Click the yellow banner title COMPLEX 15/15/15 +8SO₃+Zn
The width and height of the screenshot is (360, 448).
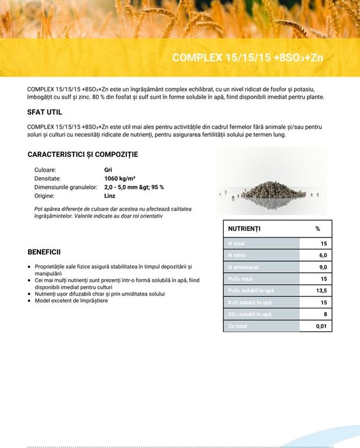point(247,58)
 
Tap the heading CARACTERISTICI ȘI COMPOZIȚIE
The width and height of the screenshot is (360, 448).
point(83,154)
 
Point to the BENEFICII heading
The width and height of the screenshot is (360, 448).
point(44,252)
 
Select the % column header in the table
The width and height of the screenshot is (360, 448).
point(317,228)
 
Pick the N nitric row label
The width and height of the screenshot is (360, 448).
point(238,255)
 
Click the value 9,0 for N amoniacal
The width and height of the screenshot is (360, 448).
point(323,267)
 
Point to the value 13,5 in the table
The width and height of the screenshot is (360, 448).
point(322,291)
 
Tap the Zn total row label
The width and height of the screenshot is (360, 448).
point(238,326)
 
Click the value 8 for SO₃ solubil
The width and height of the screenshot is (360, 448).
point(325,314)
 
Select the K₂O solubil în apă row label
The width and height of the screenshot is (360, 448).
point(250,303)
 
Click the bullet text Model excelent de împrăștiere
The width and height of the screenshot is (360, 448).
point(71,301)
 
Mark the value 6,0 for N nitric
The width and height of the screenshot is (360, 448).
point(323,255)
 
